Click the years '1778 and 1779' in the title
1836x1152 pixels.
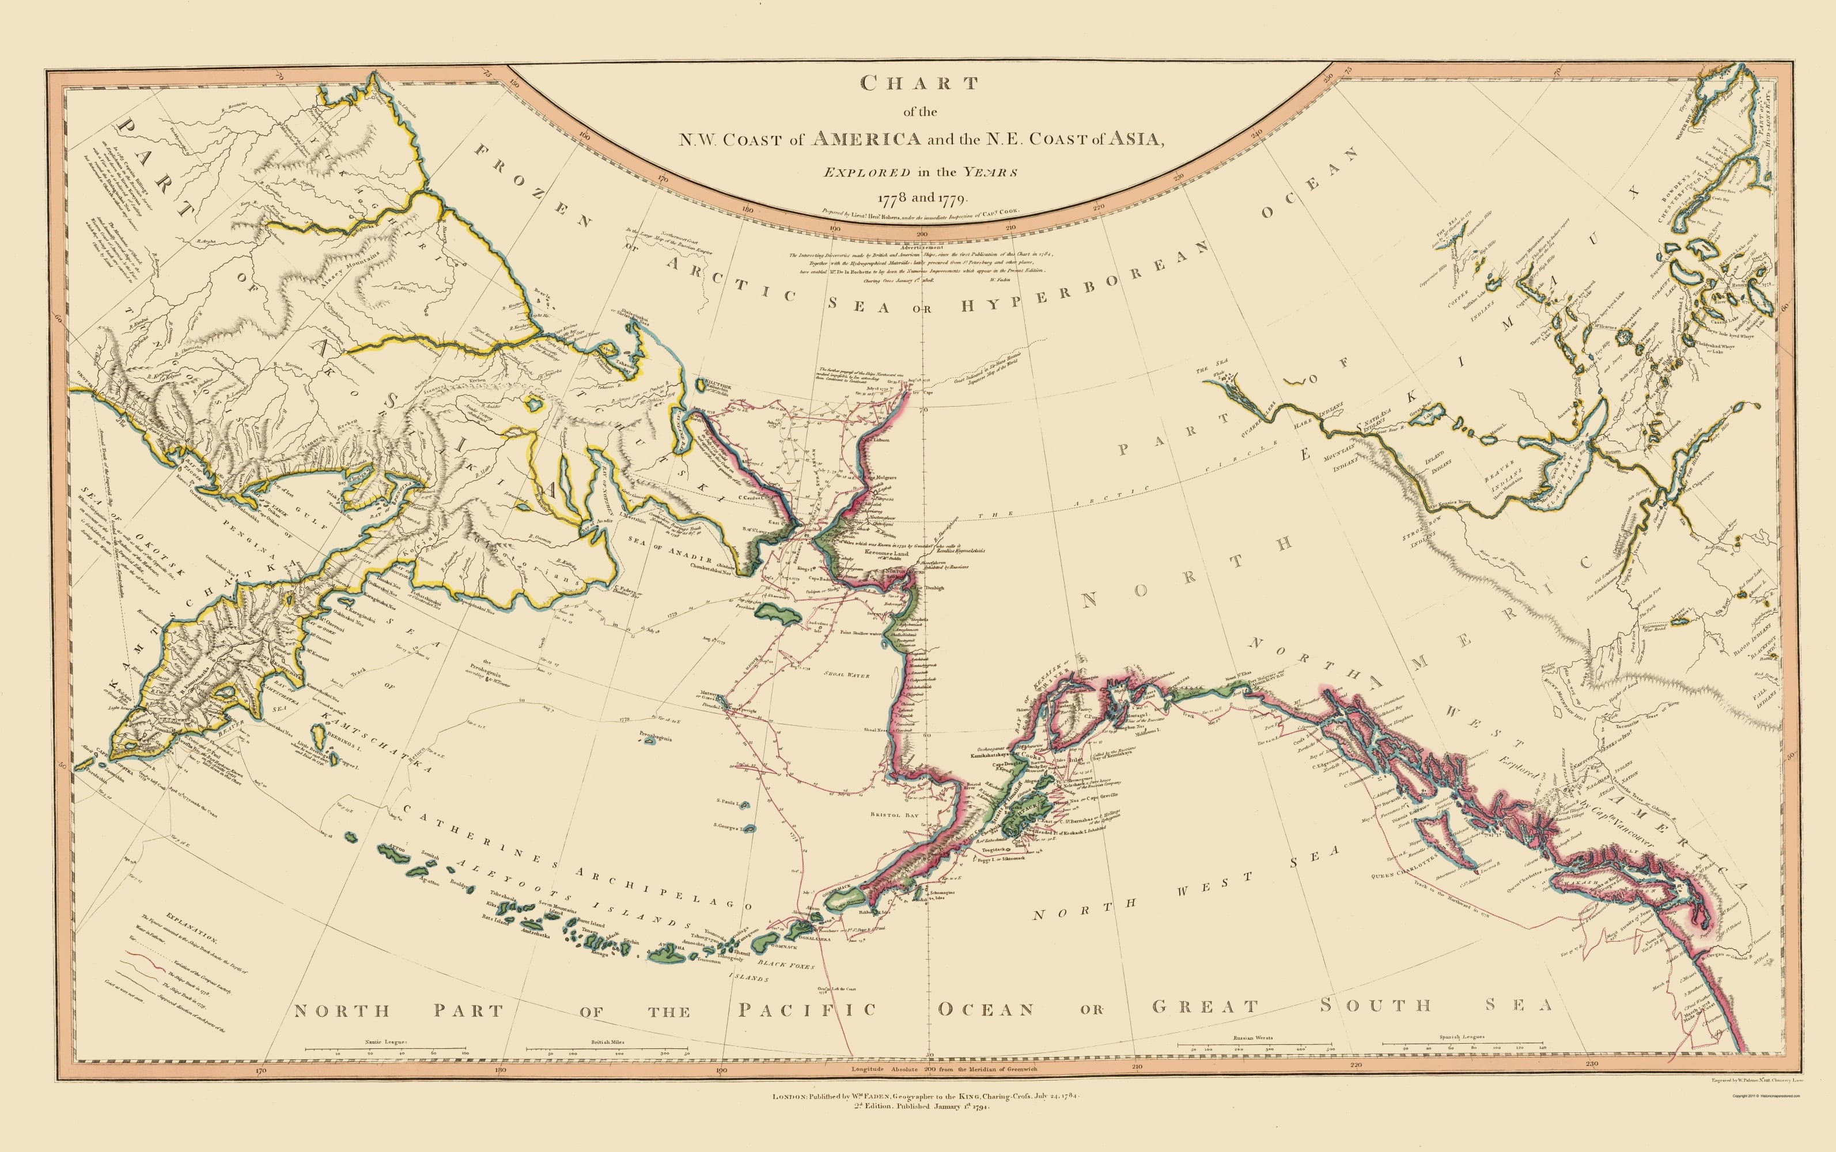pyautogui.click(x=922, y=198)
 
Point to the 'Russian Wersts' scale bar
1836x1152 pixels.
pyautogui.click(x=1255, y=1045)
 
